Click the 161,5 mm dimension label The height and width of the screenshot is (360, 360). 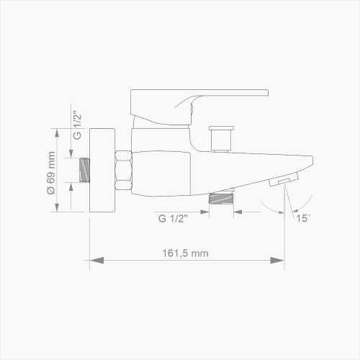[x=185, y=253]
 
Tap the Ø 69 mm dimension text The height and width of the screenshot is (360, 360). [x=51, y=173]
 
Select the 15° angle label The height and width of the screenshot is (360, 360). [x=303, y=218]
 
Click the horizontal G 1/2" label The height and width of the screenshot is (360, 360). [x=173, y=218]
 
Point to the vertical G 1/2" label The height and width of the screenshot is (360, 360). [x=77, y=125]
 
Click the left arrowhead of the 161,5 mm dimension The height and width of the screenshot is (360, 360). [x=96, y=261]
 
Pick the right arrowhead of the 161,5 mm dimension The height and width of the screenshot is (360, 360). [x=277, y=261]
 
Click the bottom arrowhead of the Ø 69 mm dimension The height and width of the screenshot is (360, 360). [x=57, y=207]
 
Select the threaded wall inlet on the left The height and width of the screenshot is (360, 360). [x=84, y=170]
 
